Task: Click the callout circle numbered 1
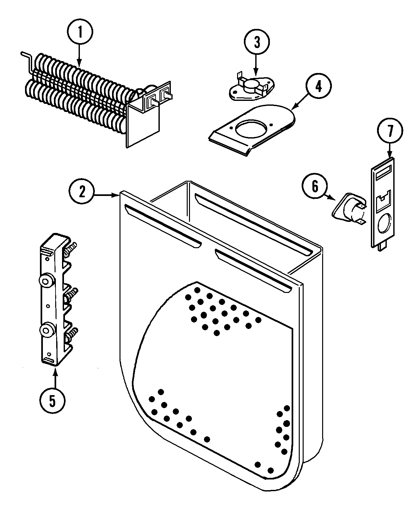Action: [x=80, y=32]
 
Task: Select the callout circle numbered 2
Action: [x=82, y=192]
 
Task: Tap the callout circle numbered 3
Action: [x=257, y=42]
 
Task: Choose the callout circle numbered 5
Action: [x=53, y=401]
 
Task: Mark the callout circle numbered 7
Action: [x=390, y=131]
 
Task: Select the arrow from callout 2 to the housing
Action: [x=106, y=195]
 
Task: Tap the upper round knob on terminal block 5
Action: [x=45, y=279]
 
